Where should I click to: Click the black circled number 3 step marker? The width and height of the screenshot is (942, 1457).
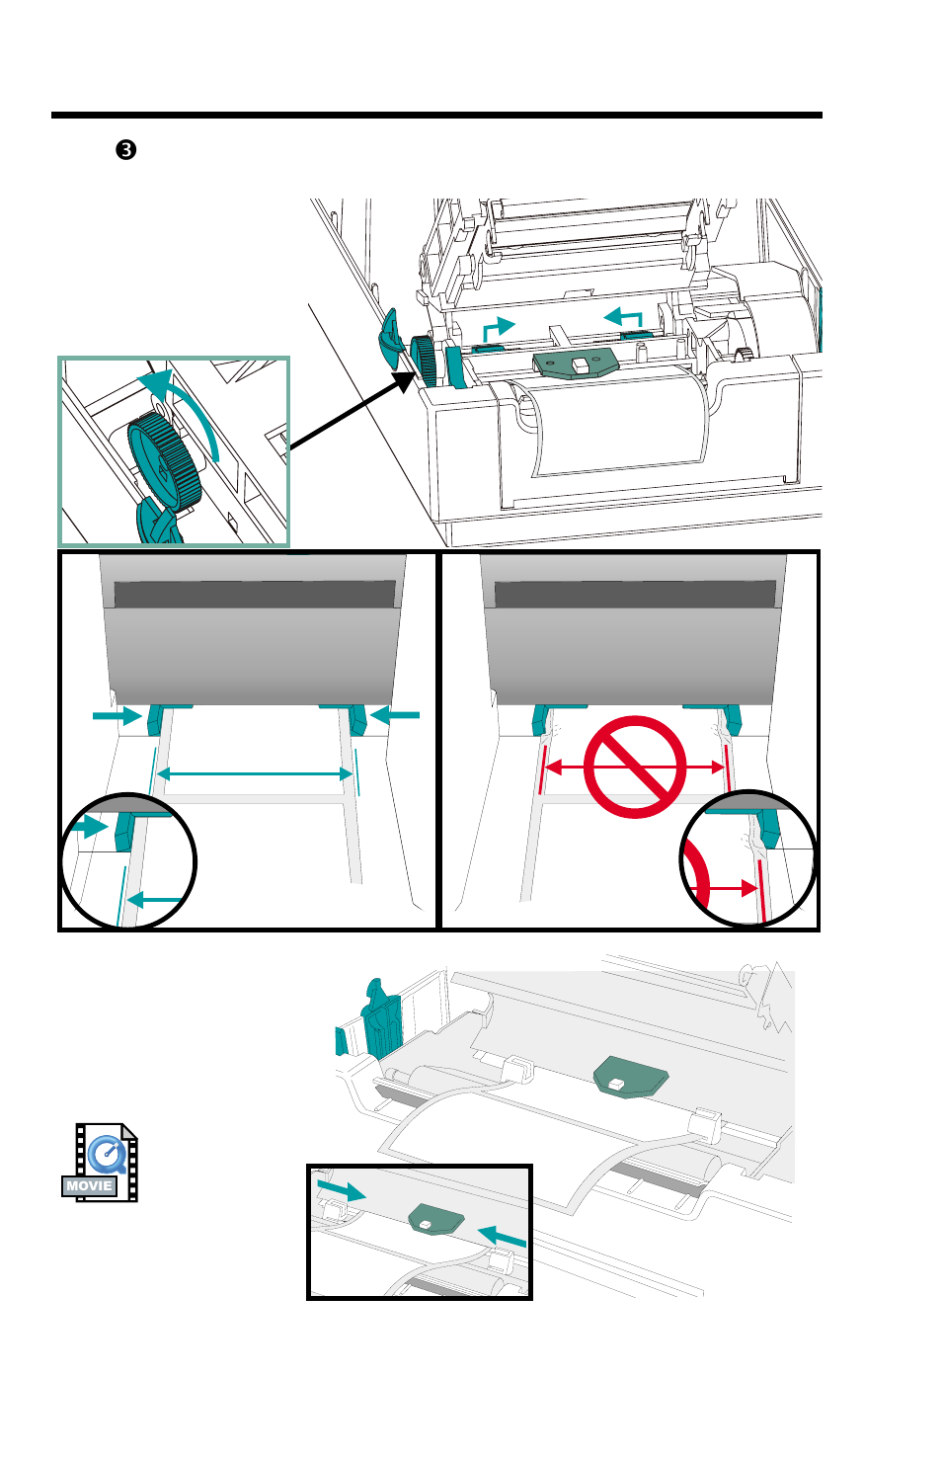125,150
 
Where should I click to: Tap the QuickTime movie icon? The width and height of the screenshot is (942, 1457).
101,1162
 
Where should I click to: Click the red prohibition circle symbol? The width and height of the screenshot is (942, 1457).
635,768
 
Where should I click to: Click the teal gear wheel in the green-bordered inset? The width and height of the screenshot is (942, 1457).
164,460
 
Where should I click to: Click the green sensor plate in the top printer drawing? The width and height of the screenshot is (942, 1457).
577,365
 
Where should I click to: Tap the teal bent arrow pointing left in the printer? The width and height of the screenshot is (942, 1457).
625,318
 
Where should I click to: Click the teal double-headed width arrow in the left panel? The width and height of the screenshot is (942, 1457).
255,774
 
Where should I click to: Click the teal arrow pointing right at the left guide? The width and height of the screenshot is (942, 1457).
117,714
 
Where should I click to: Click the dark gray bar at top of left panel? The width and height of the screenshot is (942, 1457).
255,594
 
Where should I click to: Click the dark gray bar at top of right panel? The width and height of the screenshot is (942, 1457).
635,594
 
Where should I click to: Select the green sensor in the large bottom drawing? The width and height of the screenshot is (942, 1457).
630,1075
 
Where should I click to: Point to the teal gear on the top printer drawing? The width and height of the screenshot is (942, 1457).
425,360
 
